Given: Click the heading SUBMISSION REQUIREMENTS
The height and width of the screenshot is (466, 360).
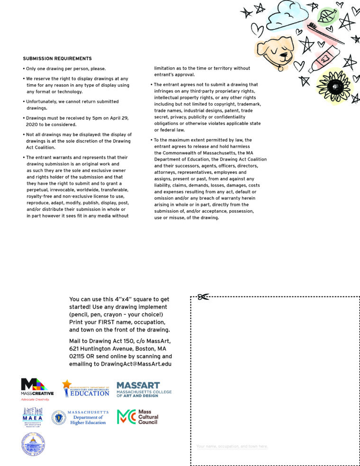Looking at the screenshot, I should [57, 59].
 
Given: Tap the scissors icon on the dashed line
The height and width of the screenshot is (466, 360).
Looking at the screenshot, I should [203, 297].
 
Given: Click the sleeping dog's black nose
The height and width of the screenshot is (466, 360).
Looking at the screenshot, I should [284, 54].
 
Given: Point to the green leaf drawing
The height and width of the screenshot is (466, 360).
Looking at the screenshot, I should [326, 16].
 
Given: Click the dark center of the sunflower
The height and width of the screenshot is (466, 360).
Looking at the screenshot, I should [335, 86].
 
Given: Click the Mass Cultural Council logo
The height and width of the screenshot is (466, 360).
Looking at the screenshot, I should [138, 417].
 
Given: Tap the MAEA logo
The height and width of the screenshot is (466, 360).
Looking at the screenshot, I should [32, 417].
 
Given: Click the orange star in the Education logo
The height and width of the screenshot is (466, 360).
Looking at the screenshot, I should [67, 385].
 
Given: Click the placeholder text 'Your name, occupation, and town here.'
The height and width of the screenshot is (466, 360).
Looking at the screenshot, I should [232, 446].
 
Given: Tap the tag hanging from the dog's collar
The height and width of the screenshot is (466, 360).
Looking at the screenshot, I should [280, 69].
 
